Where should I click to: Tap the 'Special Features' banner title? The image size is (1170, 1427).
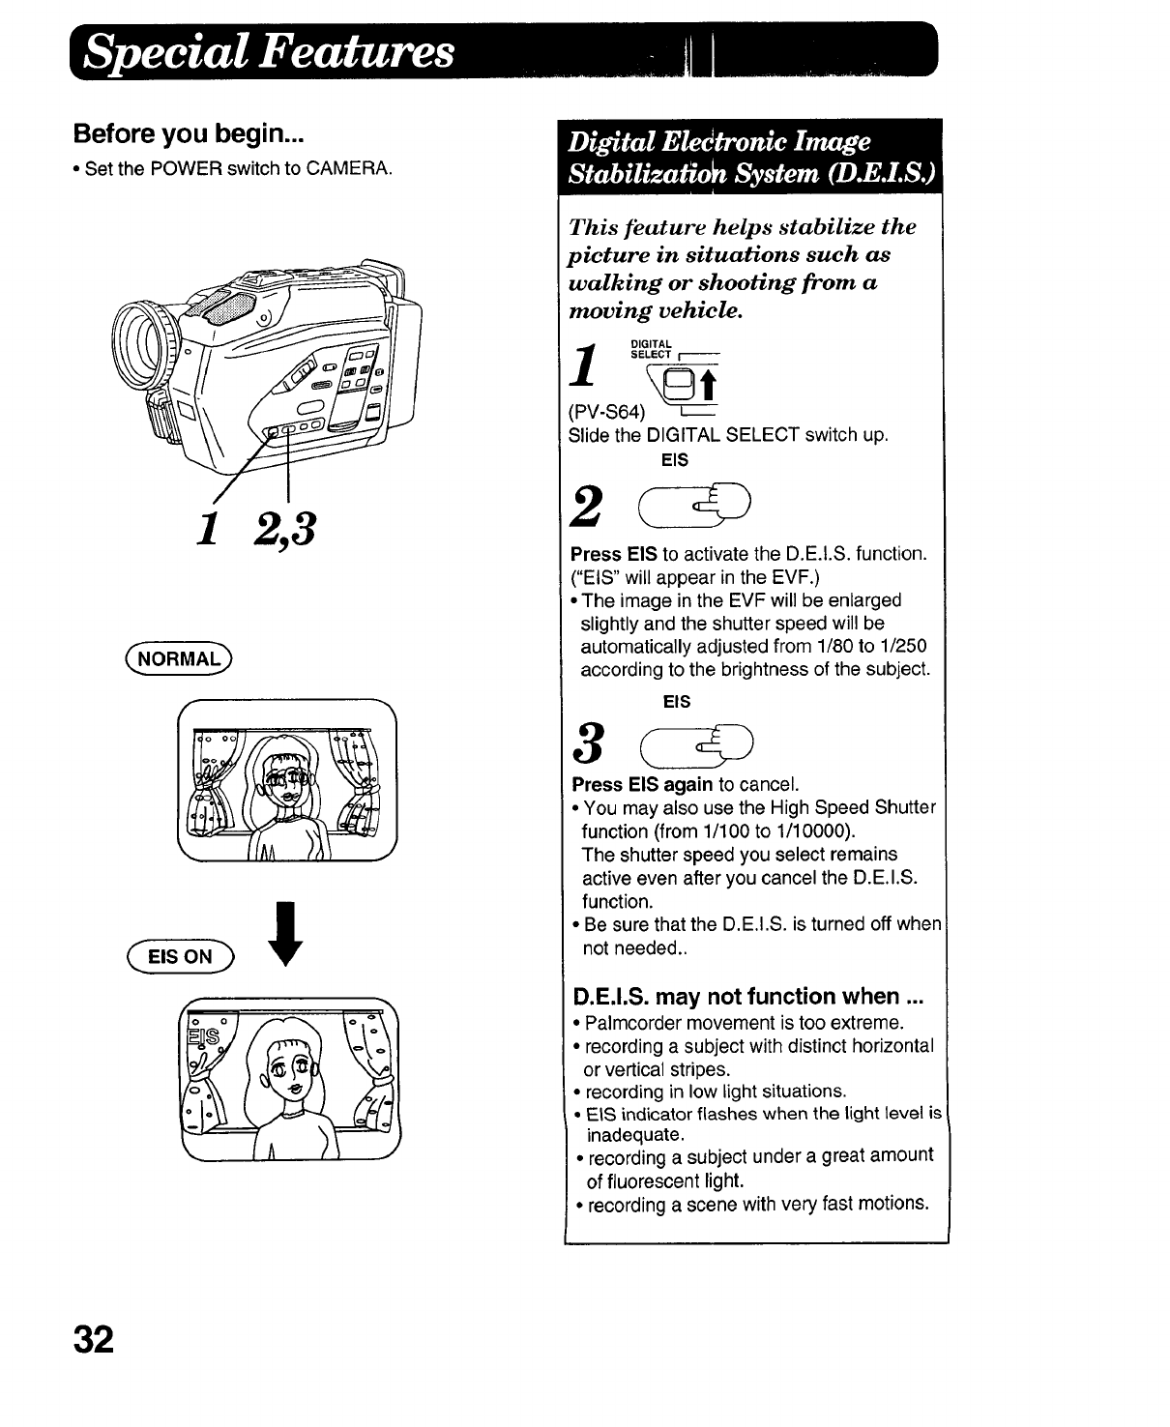click(x=269, y=51)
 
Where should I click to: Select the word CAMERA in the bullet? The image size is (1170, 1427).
click(x=348, y=168)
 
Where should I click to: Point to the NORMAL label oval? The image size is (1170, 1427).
click(x=180, y=659)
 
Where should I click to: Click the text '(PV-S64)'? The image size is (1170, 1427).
click(x=607, y=413)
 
